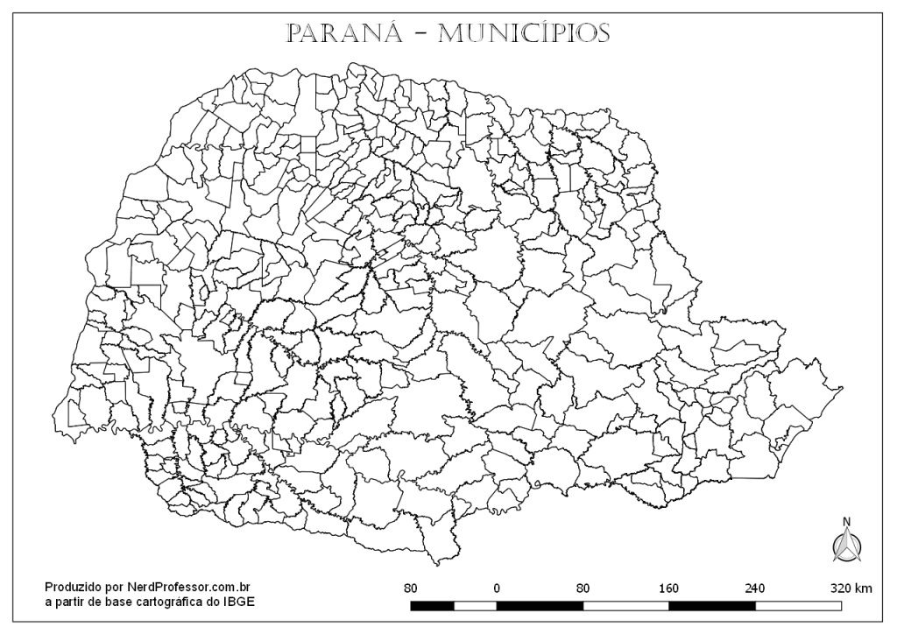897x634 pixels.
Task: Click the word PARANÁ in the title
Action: click(344, 33)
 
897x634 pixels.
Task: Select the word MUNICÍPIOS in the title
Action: click(523, 33)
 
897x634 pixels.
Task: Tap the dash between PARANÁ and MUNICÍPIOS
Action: click(420, 35)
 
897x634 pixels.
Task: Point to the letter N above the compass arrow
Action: click(846, 522)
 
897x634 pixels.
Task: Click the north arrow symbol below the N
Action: click(846, 546)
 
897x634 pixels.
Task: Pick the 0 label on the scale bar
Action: click(497, 588)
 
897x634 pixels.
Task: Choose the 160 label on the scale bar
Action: click(668, 588)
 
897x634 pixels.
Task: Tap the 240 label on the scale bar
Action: click(754, 588)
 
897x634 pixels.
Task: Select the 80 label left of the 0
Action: click(410, 588)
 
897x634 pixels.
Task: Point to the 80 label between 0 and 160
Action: click(583, 588)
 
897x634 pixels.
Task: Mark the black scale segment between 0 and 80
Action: click(540, 605)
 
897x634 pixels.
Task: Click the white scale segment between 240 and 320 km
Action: click(798, 605)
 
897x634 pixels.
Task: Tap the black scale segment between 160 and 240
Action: click(711, 605)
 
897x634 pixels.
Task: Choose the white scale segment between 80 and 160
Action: click(625, 605)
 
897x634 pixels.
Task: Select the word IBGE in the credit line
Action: click(241, 602)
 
